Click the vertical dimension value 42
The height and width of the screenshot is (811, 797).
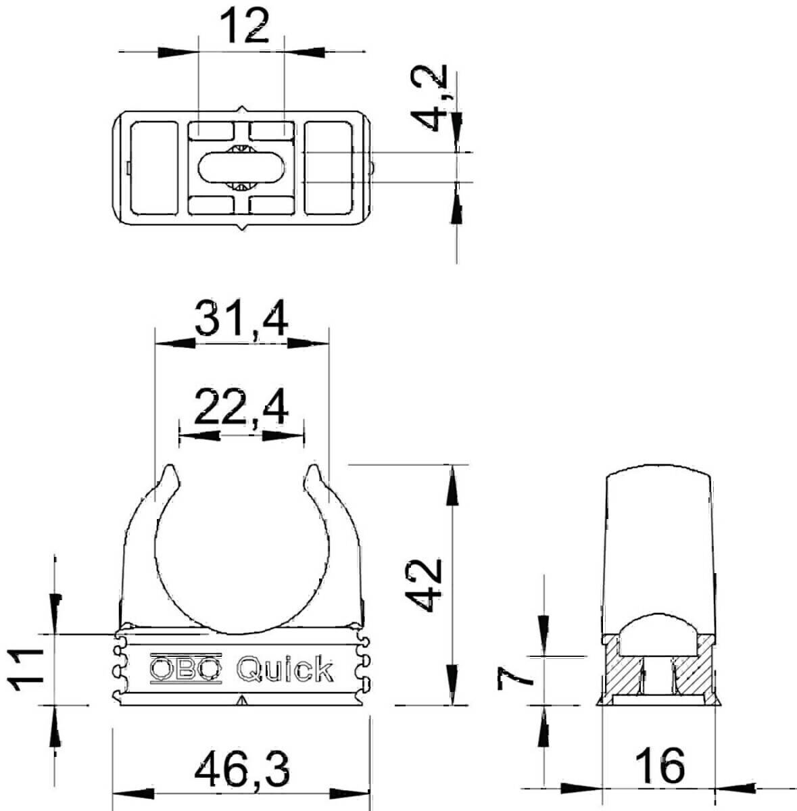427,585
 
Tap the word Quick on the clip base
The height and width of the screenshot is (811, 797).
285,669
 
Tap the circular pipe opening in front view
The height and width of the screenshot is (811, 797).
242,554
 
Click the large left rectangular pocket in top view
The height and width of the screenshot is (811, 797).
153,168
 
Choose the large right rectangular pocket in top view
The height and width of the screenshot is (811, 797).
329,168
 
